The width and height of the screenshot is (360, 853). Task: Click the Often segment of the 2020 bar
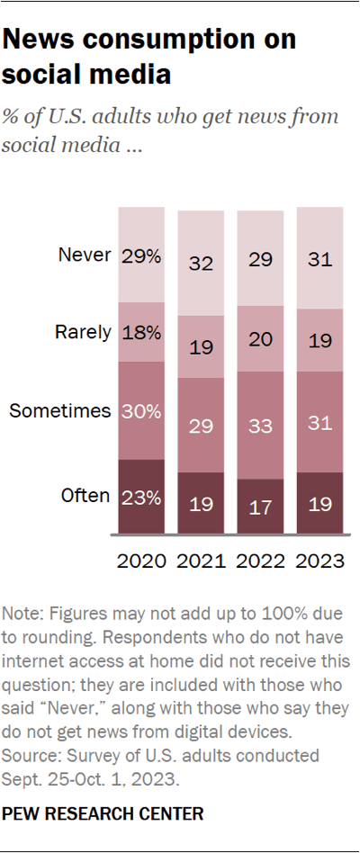tap(141, 496)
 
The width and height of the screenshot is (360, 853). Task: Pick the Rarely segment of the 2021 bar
tap(201, 346)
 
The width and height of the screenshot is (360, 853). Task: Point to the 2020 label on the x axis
tap(141, 561)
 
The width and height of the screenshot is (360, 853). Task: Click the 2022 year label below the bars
tap(260, 561)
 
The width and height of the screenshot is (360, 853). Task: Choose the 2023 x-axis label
tap(320, 561)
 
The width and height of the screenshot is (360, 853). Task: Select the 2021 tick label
tap(201, 561)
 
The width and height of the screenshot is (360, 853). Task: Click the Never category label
tap(85, 256)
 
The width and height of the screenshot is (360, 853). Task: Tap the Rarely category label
tap(84, 332)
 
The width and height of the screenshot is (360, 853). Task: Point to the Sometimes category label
tap(59, 411)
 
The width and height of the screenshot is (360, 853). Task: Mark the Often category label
tap(86, 495)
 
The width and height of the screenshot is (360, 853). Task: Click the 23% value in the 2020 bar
tap(141, 496)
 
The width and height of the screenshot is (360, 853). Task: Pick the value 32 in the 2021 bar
tap(201, 264)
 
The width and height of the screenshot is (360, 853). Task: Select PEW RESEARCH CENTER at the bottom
tap(103, 814)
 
